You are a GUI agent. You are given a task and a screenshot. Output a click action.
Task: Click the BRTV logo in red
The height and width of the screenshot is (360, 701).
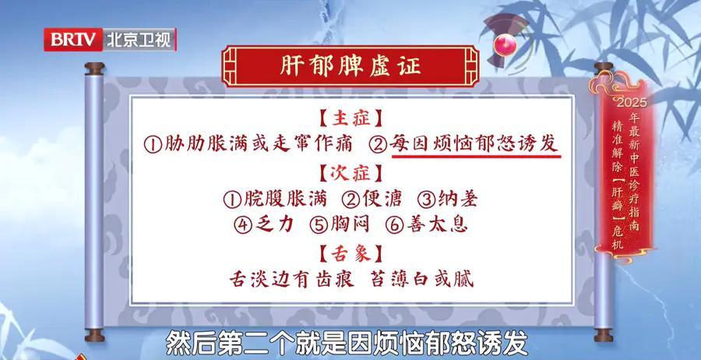click(x=73, y=40)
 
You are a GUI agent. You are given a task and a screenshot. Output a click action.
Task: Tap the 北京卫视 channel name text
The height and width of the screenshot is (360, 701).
click(x=139, y=40)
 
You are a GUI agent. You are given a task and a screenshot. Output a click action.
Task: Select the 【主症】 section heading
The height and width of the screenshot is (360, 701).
click(x=351, y=118)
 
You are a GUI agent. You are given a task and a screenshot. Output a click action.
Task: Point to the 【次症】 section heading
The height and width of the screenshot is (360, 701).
click(x=351, y=174)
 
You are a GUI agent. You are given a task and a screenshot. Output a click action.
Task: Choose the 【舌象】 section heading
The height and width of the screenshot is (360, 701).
click(x=351, y=255)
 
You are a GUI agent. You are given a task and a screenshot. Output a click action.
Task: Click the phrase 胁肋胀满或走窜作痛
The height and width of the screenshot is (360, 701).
click(x=259, y=144)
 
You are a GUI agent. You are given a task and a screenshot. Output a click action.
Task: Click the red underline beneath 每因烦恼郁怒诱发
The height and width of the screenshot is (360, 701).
click(x=476, y=156)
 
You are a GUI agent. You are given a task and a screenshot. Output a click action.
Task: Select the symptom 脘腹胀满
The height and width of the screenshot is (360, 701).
click(x=285, y=199)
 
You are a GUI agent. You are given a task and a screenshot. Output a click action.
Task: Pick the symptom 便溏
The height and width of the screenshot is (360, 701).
click(x=382, y=199)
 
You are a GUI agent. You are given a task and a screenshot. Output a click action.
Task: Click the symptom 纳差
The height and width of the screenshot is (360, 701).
click(x=457, y=199)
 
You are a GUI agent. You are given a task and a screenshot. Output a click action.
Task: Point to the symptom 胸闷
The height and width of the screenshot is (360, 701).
click(x=350, y=224)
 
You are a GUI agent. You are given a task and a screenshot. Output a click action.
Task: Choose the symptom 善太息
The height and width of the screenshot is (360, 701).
click(x=437, y=224)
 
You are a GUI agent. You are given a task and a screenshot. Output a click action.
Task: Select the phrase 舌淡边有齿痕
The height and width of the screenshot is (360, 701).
click(x=292, y=280)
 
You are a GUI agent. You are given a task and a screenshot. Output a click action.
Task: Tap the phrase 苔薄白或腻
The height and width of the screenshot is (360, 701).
click(x=422, y=280)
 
